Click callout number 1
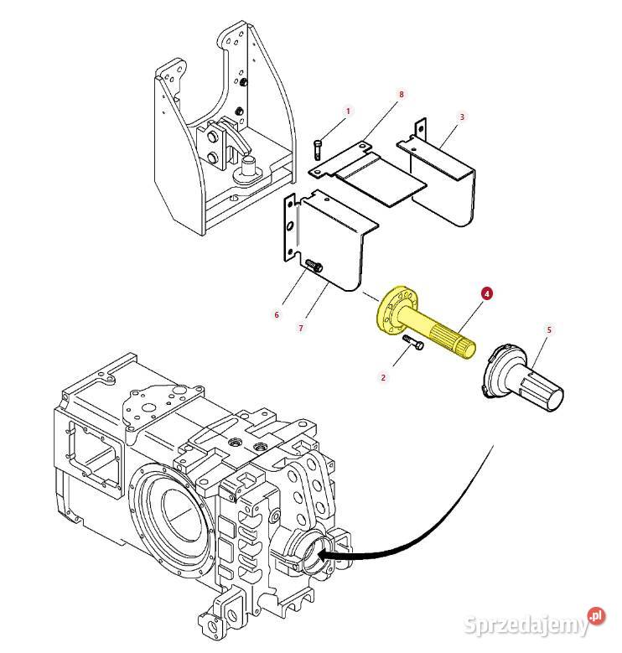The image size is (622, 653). coord(348,111)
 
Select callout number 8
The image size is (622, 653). coord(402,95)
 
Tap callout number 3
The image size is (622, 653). coord(462,117)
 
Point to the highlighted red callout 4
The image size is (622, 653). coord(487,294)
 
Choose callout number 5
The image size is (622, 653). coord(549,330)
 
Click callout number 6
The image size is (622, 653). coord(277,315)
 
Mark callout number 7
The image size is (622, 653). coord(300,329)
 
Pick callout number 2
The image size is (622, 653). coord(383,377)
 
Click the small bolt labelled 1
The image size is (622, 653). coord(319,149)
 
